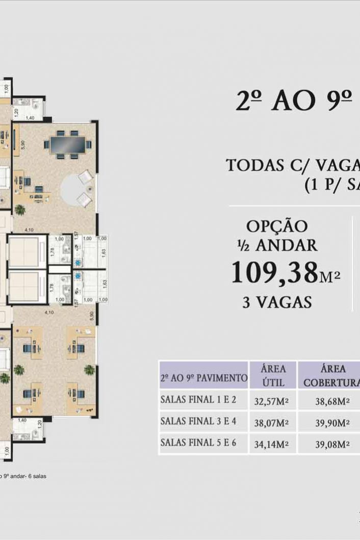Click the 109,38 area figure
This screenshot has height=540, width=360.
click(275, 273)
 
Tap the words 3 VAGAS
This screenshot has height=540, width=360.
click(277, 302)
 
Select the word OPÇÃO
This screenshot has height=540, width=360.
click(277, 225)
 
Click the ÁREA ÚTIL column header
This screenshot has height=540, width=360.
click(273, 375)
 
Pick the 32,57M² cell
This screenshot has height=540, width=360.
click(272, 401)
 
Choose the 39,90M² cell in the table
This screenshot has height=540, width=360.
click(332, 422)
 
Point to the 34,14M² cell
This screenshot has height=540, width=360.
click(272, 444)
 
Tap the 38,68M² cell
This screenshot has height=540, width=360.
click(332, 401)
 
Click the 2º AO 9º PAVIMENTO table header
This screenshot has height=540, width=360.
click(203, 379)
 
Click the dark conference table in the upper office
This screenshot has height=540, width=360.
click(68, 145)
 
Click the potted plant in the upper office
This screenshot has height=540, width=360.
click(20, 209)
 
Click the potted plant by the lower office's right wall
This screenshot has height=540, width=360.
click(89, 370)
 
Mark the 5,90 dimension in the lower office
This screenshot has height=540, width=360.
click(91, 316)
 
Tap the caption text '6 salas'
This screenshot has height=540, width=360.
click(35, 476)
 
